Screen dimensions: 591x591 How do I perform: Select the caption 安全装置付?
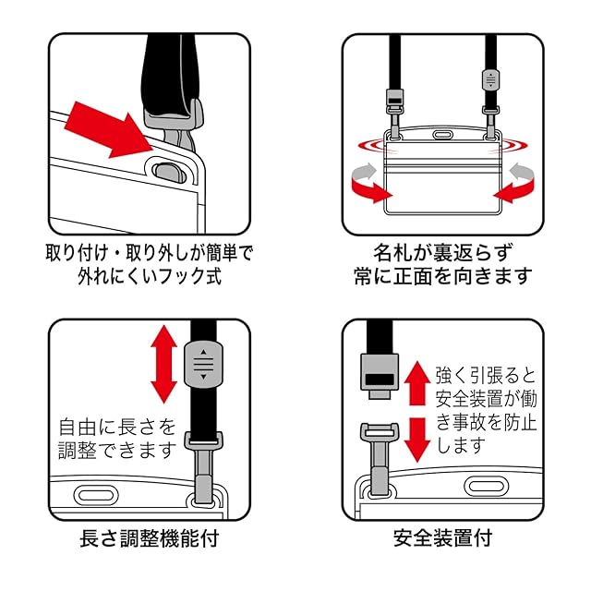click(441, 537)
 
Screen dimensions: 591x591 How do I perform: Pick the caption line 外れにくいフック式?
click(150, 275)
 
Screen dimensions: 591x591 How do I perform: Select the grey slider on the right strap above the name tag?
click(491, 81)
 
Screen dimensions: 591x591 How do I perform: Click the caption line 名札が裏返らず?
click(442, 250)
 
